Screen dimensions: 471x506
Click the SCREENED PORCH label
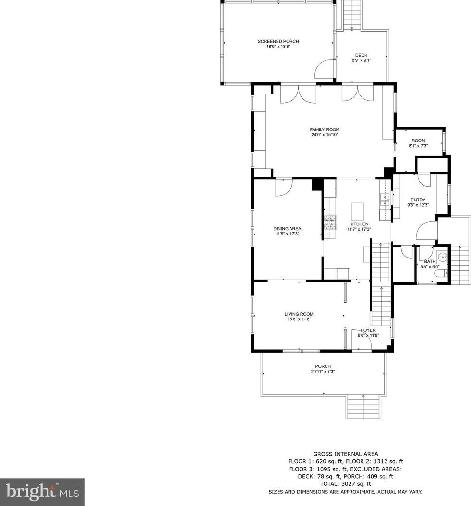coord(278,41)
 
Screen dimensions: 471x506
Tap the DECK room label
coord(361,55)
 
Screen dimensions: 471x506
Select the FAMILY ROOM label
coord(325,129)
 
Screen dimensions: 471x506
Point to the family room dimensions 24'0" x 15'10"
coord(325,135)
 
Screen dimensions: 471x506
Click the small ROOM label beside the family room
coord(418,141)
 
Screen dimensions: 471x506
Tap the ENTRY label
coord(418,200)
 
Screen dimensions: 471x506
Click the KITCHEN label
coord(359,224)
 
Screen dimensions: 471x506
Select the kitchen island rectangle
coord(358,212)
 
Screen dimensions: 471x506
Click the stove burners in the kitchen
coord(330,222)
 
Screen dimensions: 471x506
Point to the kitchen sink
coord(385,200)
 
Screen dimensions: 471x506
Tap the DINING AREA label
coord(287,229)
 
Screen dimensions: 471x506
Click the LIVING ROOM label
coord(299,314)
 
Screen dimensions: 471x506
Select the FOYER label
coord(368,330)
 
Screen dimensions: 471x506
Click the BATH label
coord(430,262)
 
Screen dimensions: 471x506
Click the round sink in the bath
coord(442,257)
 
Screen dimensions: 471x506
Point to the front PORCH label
coord(323,366)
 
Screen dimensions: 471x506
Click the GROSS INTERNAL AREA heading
coord(346,454)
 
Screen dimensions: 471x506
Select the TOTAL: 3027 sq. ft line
coord(346,484)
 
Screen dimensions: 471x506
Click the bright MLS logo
coord(42,492)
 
